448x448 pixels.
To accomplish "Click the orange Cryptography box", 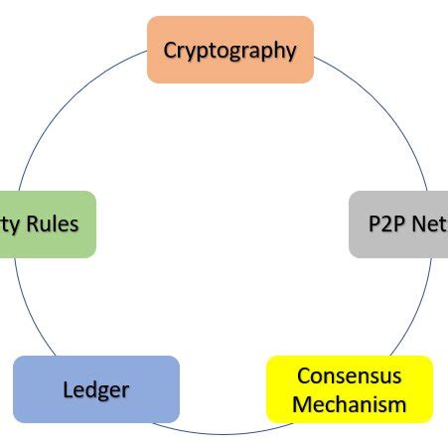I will tap(229, 50).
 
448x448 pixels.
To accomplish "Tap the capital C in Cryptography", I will tap(171, 50).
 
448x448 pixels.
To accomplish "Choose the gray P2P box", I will tap(397, 224).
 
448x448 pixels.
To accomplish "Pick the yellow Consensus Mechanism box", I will tap(350, 389).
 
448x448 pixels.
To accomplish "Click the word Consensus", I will tap(350, 376).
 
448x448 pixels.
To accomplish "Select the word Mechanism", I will tap(350, 404).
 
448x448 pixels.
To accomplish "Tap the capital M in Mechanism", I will tap(301, 404).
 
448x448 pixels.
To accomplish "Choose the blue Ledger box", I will tap(96, 389).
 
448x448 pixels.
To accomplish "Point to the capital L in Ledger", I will tap(69, 389).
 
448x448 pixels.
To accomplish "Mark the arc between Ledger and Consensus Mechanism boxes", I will tap(224, 433).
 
